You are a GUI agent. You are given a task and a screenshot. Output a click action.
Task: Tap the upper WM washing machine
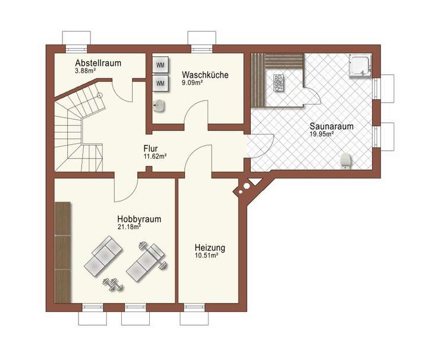pyautogui.click(x=160, y=64)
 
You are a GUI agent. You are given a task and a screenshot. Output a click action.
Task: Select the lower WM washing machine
pyautogui.click(x=160, y=83)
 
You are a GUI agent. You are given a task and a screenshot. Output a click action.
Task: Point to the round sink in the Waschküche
pyautogui.click(x=159, y=106)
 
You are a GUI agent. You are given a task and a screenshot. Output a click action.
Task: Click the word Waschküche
pyautogui.click(x=205, y=75)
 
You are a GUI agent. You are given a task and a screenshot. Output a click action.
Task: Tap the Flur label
pyautogui.click(x=150, y=148)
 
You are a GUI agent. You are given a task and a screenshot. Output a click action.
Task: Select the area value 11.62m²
pyautogui.click(x=155, y=156)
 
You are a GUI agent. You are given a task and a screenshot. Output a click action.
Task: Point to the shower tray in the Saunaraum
pyautogui.click(x=361, y=66)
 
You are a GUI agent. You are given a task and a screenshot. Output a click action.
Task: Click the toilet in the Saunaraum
pyautogui.click(x=345, y=159)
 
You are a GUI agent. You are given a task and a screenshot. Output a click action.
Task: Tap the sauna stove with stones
pyautogui.click(x=278, y=83)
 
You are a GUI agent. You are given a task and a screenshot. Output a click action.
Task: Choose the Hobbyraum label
pyautogui.click(x=139, y=219)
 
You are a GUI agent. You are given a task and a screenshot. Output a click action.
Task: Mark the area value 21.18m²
pyautogui.click(x=129, y=227)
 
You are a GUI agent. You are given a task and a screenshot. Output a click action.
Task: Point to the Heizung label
pyautogui.click(x=210, y=247)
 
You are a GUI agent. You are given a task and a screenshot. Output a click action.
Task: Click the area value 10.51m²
pyautogui.click(x=206, y=255)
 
